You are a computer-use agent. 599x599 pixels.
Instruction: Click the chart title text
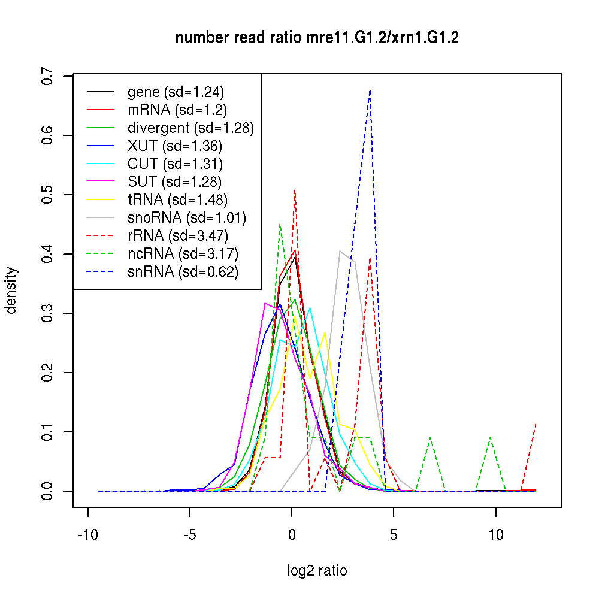317,38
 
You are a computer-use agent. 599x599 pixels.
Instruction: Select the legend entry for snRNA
183,271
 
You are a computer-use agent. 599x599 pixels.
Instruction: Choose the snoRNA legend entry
187,217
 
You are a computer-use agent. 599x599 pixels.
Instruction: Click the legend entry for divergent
190,128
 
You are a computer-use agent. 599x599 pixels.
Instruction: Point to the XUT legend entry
175,146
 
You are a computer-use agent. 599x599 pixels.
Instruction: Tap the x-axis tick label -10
88,535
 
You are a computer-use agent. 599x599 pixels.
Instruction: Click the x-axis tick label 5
394,535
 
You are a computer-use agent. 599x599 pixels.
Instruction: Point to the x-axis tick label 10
495,535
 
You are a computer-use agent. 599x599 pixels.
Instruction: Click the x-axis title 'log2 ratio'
317,571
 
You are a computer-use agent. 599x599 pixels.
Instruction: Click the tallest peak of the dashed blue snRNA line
370,90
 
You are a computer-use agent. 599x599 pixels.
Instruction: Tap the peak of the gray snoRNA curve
340,251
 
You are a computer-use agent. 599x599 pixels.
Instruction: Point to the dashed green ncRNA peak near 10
491,437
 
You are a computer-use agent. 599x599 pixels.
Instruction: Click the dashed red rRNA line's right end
536,423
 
